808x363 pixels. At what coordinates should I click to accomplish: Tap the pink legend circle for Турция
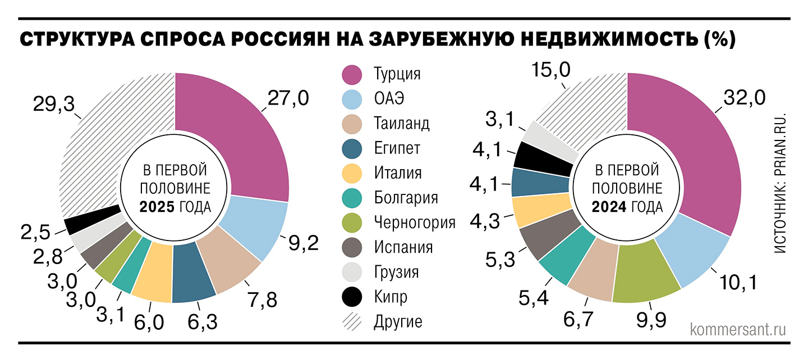click(352, 74)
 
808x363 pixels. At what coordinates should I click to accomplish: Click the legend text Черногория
click(414, 223)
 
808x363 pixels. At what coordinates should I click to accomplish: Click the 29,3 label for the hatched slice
click(55, 105)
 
